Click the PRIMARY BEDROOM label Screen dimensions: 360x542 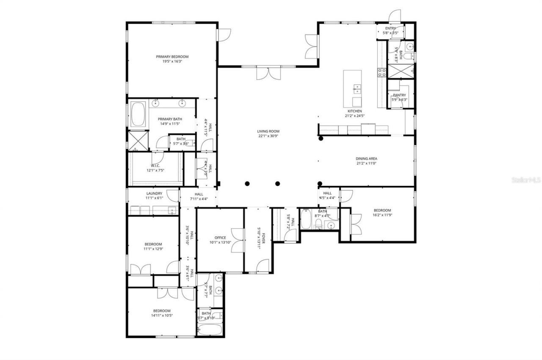tap(172, 56)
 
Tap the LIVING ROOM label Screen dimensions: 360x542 tap(268, 131)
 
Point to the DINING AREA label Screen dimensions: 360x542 tap(366, 158)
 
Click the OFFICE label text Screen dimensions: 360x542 tap(220, 238)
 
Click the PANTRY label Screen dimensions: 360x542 tap(399, 95)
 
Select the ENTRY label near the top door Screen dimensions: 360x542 tap(390, 28)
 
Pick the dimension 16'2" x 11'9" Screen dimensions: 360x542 tap(382, 215)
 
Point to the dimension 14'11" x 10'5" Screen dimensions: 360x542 tap(162, 315)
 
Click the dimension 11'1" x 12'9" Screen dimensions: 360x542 tap(153, 249)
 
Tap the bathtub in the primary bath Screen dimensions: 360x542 tap(138, 114)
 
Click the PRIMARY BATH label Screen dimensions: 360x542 tap(170, 119)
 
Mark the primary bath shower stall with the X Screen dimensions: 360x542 tap(136, 141)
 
